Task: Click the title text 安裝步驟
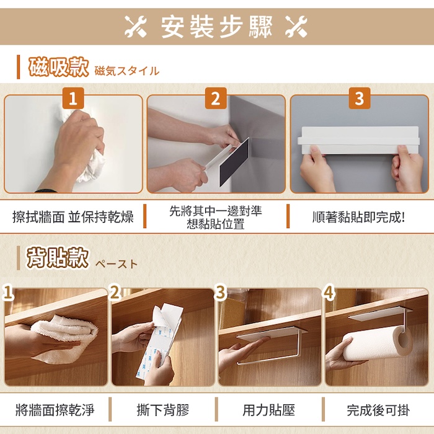[217, 27]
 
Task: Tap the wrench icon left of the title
[135, 26]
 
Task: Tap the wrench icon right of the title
[296, 26]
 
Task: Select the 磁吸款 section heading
[58, 67]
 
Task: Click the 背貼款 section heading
[57, 258]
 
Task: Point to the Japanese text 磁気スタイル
[126, 71]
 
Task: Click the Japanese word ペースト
[117, 264]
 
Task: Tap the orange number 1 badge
[73, 98]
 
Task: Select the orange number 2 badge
[216, 98]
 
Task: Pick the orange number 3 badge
[359, 98]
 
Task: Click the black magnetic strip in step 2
[234, 162]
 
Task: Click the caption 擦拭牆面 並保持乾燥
[73, 217]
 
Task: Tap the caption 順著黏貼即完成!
[359, 217]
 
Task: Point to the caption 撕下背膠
[162, 410]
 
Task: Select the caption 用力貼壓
[268, 410]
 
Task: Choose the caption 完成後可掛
[378, 410]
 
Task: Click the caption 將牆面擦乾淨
[55, 410]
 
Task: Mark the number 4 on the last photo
[329, 293]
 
